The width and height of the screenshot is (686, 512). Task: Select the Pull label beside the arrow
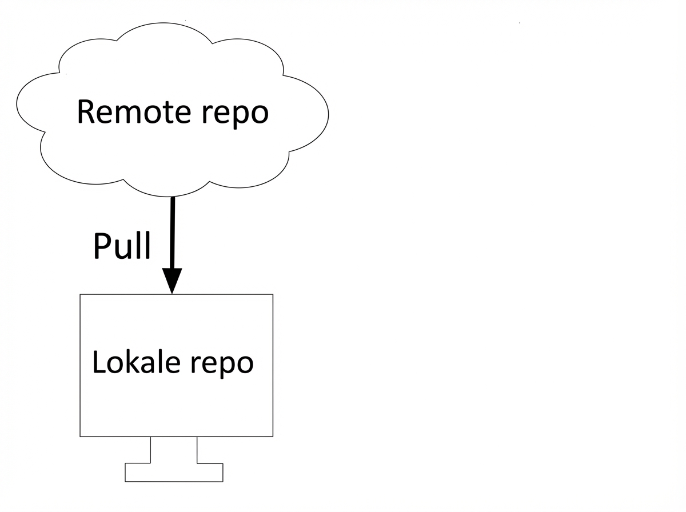click(x=122, y=246)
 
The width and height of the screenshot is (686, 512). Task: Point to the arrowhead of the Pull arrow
click(x=172, y=281)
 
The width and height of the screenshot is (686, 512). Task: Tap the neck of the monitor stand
click(x=174, y=450)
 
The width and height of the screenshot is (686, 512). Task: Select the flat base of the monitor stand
click(x=174, y=472)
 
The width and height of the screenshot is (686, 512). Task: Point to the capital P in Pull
click(x=101, y=246)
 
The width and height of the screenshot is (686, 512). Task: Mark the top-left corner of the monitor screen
click(x=80, y=294)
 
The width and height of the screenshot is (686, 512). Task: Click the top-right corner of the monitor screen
click(x=273, y=294)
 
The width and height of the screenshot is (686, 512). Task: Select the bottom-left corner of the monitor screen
click(x=80, y=437)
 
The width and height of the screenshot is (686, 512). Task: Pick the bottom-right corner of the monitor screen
click(x=273, y=437)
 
